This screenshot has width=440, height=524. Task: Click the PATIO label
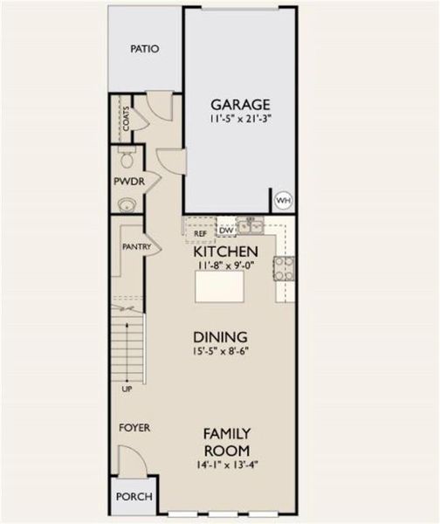tap(145, 49)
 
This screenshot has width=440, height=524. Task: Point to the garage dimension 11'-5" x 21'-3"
tap(239, 119)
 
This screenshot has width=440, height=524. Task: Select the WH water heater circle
tap(283, 200)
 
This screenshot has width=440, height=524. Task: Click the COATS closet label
tap(127, 119)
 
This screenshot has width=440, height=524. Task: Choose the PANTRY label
tap(137, 247)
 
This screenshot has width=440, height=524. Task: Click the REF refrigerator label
tap(200, 233)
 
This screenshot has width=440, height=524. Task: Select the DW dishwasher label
tap(226, 231)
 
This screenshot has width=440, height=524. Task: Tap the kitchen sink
tap(252, 227)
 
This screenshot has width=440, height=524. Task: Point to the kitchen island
tap(219, 286)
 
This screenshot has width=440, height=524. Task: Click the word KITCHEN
tap(226, 251)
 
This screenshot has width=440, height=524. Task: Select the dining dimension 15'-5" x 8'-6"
tap(221, 353)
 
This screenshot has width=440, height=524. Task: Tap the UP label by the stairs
tap(127, 389)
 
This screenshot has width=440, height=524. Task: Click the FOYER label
tap(134, 428)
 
